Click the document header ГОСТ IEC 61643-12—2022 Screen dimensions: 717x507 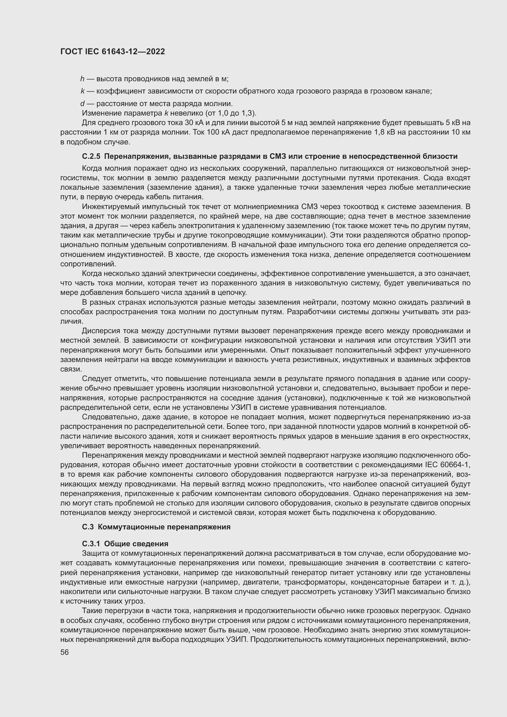tap(112, 52)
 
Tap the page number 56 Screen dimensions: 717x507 tap(65, 652)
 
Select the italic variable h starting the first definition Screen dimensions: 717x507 tap(82, 79)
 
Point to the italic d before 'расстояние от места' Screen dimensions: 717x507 tap(82, 104)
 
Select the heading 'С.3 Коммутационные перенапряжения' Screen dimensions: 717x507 tap(156, 527)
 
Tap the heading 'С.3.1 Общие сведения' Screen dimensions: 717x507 tap(125, 544)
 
